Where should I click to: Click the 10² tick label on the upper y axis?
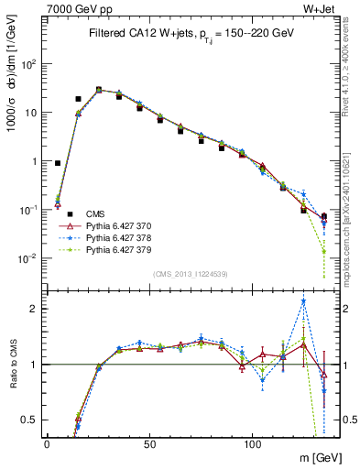pyautogui.click(x=28, y=65)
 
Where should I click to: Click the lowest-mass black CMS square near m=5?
pyautogui.click(x=58, y=163)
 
